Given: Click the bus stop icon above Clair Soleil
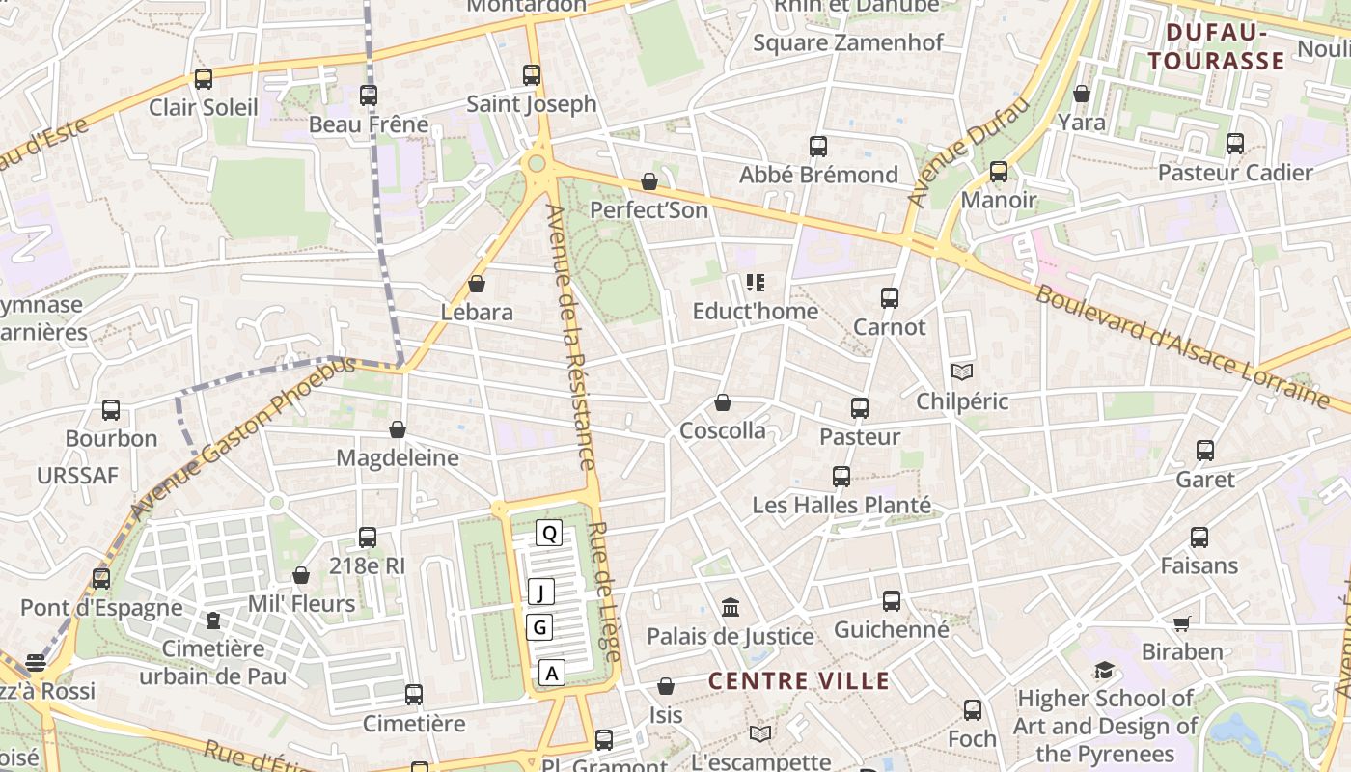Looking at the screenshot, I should (x=204, y=79).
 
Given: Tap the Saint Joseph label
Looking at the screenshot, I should (x=532, y=104).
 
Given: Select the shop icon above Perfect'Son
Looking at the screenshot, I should (x=649, y=181).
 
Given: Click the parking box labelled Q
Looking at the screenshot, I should (x=549, y=533).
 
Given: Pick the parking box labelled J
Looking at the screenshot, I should (x=542, y=592).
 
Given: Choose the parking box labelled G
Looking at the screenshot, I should (x=540, y=627).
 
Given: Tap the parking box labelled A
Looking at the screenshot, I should (x=551, y=673).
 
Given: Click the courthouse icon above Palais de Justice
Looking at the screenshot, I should (x=731, y=608).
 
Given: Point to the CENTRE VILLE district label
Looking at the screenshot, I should (x=799, y=680).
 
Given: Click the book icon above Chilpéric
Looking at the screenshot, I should (x=962, y=372).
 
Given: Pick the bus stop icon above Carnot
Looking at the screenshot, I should (x=890, y=298).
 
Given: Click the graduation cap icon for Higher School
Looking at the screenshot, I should (x=1104, y=670).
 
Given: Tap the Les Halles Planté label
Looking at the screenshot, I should (x=841, y=505).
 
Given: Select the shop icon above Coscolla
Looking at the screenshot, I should (x=723, y=402).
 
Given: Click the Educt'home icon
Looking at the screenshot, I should (x=756, y=283).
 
